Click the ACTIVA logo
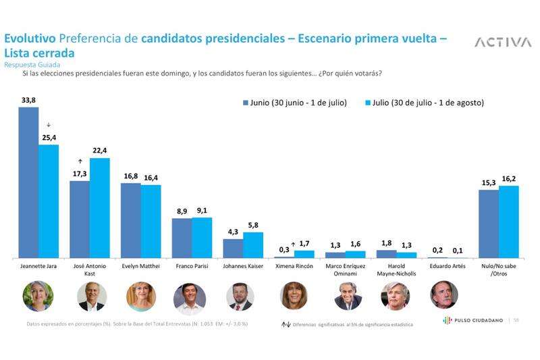pyautogui.click(x=502, y=43)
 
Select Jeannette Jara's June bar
pyautogui.click(x=28, y=182)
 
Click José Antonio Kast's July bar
pyautogui.click(x=99, y=208)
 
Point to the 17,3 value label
pyautogui.click(x=80, y=174)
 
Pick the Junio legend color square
pyautogui.click(x=246, y=103)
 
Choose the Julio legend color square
pyautogui.click(x=369, y=103)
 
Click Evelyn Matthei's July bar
pyautogui.click(x=151, y=222)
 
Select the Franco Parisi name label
pyautogui.click(x=192, y=267)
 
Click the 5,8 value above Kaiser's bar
pyautogui.click(x=253, y=226)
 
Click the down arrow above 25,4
pyautogui.click(x=49, y=125)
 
